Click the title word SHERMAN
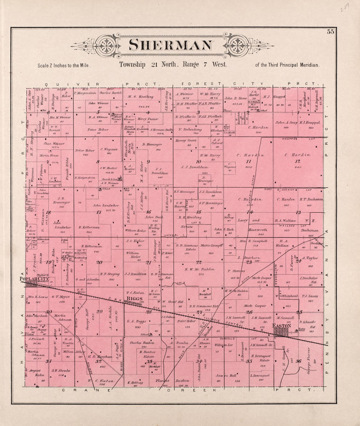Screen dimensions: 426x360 (170, 45)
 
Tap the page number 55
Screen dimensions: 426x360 (330, 32)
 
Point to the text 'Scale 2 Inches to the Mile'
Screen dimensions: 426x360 (64, 65)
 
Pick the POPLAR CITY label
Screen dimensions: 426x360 (34, 279)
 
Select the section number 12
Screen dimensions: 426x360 (297, 161)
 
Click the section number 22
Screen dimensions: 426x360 (199, 262)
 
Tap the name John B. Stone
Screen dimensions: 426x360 (236, 98)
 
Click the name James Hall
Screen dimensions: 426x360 (224, 376)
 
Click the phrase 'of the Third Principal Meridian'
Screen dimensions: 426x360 (287, 65)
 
